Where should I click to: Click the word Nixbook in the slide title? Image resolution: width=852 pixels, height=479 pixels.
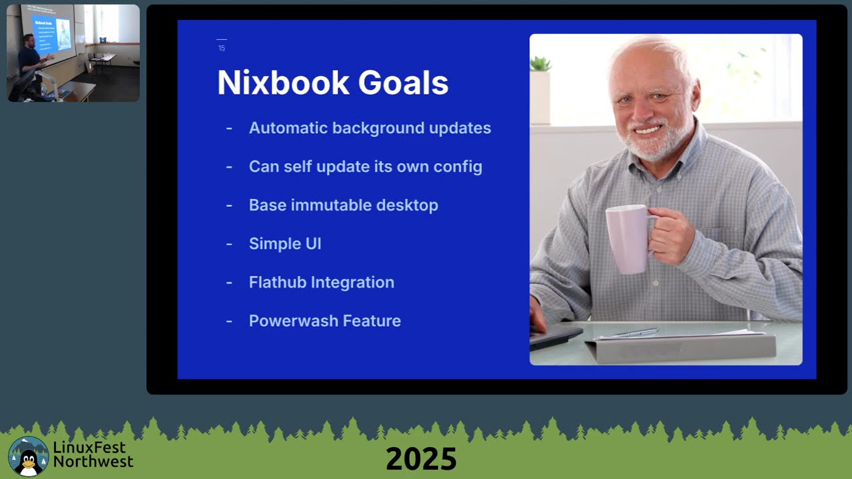coord(282,83)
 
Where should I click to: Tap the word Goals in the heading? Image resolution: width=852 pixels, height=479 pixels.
coord(403,83)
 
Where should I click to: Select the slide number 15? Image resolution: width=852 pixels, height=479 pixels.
coord(222,48)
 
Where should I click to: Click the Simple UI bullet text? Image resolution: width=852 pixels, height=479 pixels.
coord(285,243)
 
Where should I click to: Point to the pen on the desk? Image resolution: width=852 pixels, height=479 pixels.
coord(635,332)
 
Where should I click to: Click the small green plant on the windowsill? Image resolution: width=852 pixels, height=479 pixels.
coord(540,64)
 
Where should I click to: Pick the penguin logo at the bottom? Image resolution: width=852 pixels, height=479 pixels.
coord(29,456)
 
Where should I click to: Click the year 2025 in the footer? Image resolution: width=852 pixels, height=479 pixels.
coord(421,459)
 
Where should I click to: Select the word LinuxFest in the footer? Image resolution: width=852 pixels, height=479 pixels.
coord(89,447)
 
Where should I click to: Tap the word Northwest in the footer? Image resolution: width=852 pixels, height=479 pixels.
coord(93,461)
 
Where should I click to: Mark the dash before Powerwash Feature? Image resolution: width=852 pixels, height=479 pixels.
coord(229,321)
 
